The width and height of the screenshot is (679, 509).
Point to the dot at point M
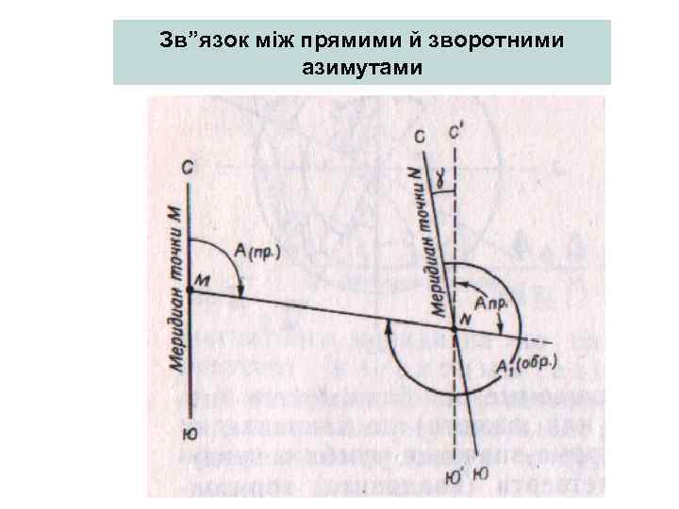[x=189, y=289]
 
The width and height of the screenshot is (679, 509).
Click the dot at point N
[x=455, y=327]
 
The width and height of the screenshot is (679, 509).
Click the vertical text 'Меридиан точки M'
[x=175, y=292]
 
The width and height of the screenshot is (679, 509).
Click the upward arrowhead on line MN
[x=389, y=326]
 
